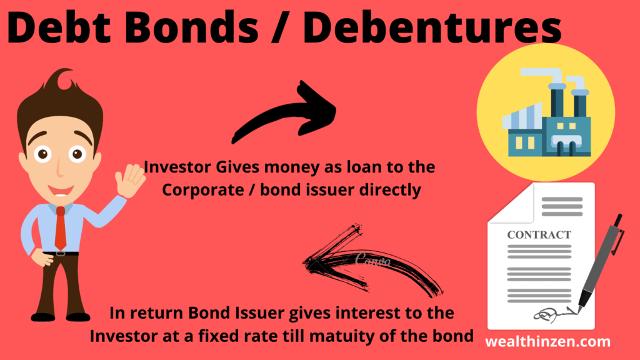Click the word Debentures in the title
(432, 27)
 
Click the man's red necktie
(61, 229)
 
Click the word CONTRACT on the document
(539, 235)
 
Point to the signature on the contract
(555, 314)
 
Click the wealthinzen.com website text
(547, 342)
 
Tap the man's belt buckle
(61, 254)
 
